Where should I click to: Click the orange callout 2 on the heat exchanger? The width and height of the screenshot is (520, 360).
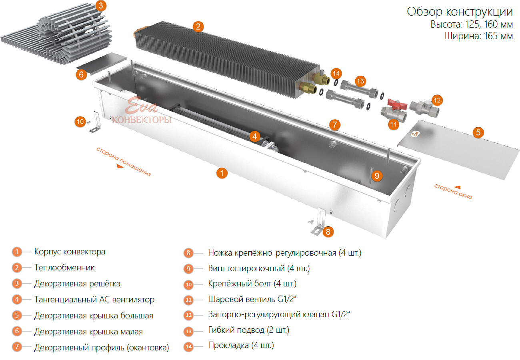tap(198, 27)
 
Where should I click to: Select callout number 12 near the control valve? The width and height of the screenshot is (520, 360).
tap(437, 100)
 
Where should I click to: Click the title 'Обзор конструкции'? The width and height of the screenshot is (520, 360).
tap(460, 12)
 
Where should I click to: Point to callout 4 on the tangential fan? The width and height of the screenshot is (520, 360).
tap(255, 136)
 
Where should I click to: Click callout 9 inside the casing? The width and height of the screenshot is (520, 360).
tap(376, 175)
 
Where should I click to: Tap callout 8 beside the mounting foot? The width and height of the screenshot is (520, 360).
tap(328, 231)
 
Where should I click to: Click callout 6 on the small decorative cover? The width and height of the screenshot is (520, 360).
tap(81, 74)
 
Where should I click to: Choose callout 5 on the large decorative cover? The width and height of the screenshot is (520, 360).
tap(478, 132)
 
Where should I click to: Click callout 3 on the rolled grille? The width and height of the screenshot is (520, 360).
tap(101, 6)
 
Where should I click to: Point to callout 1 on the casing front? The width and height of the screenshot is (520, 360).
tap(222, 173)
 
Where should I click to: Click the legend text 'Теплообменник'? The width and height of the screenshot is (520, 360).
tap(64, 268)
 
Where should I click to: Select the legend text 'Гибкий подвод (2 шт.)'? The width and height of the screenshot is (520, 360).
tap(248, 330)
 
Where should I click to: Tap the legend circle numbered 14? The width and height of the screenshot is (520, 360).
tap(189, 347)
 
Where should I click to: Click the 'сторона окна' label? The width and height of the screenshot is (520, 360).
tap(453, 192)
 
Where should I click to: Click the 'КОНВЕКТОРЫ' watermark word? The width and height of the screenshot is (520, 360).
tap(142, 120)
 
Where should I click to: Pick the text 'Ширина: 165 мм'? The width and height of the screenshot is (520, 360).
tap(478, 36)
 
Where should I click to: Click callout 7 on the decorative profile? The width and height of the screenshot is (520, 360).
tap(335, 124)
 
